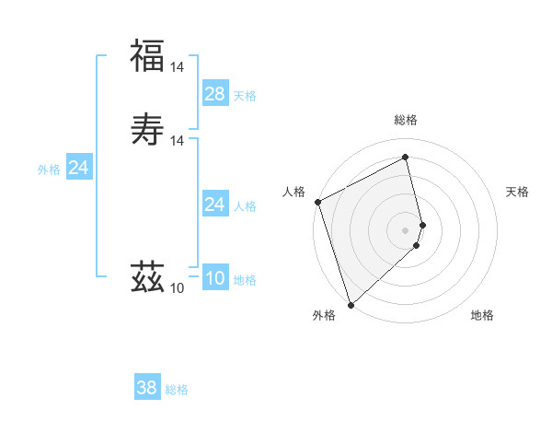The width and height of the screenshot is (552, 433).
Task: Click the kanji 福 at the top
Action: tap(147, 55)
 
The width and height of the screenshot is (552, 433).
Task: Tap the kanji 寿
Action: tap(147, 129)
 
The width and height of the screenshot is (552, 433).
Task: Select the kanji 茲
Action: tap(147, 276)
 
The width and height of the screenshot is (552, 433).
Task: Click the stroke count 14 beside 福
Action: tap(178, 67)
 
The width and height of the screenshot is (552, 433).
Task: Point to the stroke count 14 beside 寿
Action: tap(178, 141)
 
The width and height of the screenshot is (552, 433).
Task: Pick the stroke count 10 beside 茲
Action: tap(178, 288)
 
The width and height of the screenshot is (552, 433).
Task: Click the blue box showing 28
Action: tap(215, 94)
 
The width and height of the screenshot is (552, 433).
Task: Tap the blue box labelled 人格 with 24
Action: tap(215, 205)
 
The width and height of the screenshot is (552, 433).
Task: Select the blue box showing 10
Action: tap(215, 278)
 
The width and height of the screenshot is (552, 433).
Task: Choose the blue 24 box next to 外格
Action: tap(79, 168)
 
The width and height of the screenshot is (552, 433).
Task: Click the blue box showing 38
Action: tap(147, 388)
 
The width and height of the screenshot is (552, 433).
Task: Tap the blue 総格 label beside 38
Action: tap(177, 390)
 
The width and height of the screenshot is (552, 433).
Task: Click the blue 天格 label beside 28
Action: tap(245, 96)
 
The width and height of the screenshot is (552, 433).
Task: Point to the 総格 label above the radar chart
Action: tap(406, 120)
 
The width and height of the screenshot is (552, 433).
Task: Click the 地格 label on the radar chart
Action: tap(482, 315)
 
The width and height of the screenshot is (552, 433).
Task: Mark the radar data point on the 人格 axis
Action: tap(317, 202)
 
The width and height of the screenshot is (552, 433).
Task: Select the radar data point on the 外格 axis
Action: tap(351, 304)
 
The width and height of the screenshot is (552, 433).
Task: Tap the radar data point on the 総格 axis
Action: tap(406, 158)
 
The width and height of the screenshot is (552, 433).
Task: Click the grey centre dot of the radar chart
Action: tap(406, 229)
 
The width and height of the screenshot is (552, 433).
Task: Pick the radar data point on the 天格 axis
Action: tap(422, 224)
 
